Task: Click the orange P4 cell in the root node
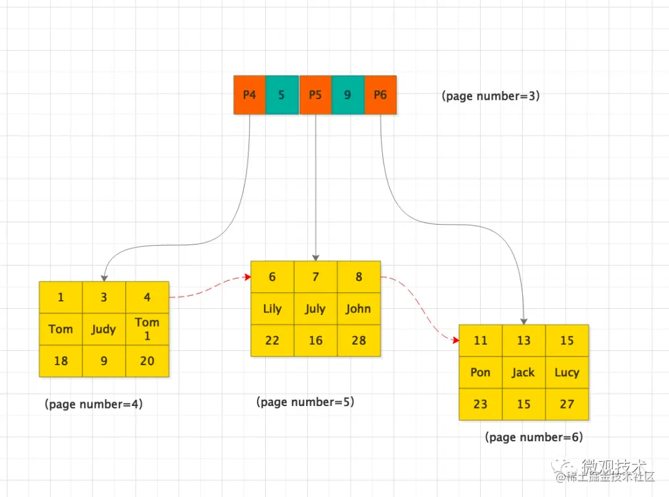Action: pos(250,95)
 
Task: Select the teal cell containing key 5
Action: pos(282,95)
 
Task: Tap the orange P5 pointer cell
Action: pos(315,95)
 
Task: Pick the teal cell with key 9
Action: pos(348,95)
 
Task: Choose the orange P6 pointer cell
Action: pos(380,95)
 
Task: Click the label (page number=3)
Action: pos(491,96)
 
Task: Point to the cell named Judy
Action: pos(103,329)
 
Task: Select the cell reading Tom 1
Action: pos(147,329)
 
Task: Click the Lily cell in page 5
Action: pos(272,309)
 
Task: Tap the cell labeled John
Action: pos(359,309)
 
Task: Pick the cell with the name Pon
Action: pos(480,373)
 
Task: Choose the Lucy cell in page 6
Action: pos(567,373)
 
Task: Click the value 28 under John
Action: pos(359,340)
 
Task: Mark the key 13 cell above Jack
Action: pos(523,340)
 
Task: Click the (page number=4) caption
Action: pos(94,404)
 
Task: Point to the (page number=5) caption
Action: pos(305,402)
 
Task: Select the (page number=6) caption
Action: pos(534,437)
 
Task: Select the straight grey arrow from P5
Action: pos(316,186)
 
